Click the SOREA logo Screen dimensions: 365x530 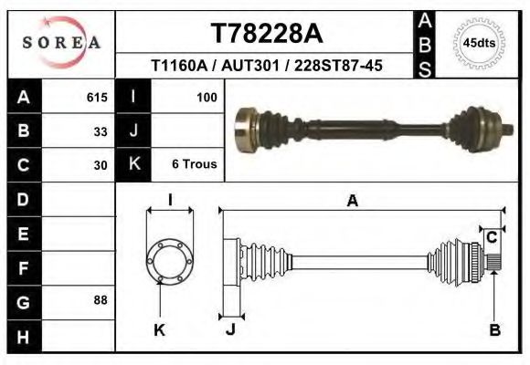click(61, 43)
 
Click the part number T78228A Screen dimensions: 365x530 click(266, 34)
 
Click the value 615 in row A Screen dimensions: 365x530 click(97, 97)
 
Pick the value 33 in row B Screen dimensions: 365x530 click(101, 130)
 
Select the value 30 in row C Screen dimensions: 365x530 click(101, 165)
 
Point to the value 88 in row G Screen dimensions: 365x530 click(101, 299)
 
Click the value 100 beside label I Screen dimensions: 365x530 click(206, 97)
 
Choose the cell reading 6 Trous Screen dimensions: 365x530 click(194, 165)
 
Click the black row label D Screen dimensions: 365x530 click(23, 198)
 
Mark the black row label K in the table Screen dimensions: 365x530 click(134, 165)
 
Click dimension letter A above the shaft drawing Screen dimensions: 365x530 click(352, 203)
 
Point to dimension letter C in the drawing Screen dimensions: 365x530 click(491, 237)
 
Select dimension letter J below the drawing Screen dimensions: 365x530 click(230, 330)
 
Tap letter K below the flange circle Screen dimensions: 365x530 click(159, 330)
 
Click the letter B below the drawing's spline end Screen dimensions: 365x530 click(494, 330)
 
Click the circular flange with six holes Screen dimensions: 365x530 click(170, 261)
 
